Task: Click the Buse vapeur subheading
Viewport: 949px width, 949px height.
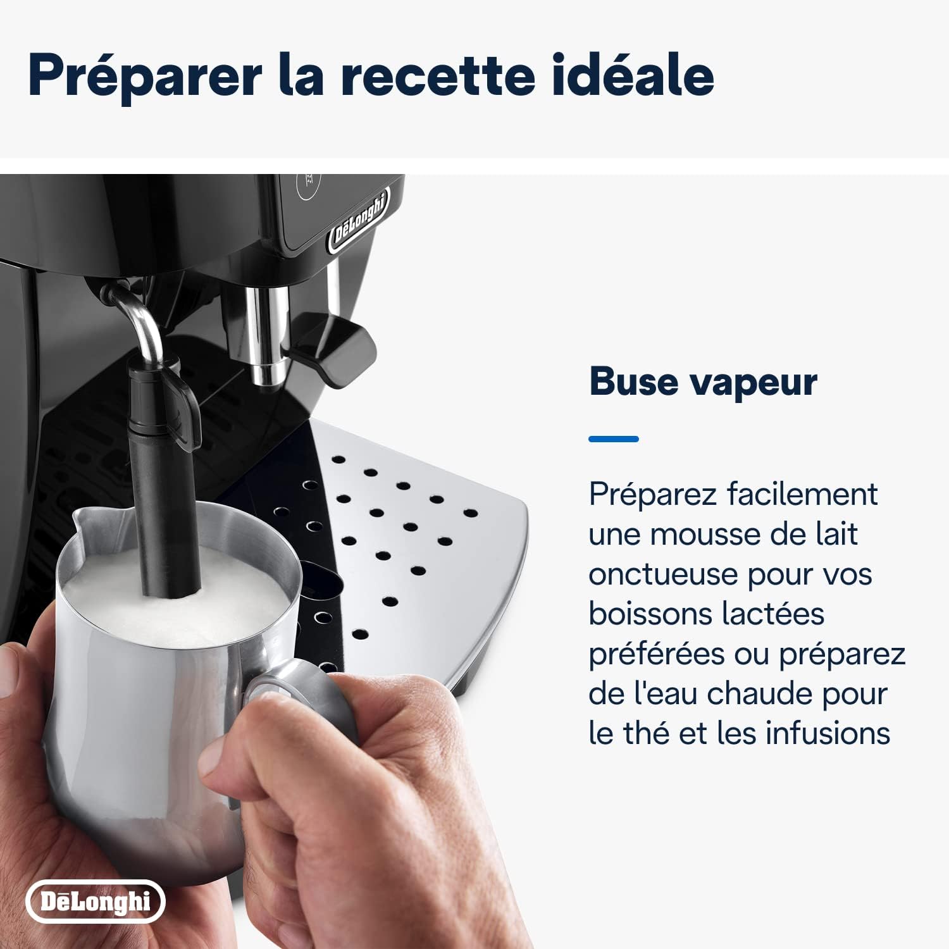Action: click(703, 382)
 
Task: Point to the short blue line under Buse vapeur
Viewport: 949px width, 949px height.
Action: click(613, 438)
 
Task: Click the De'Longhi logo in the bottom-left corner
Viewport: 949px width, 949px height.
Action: click(95, 901)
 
